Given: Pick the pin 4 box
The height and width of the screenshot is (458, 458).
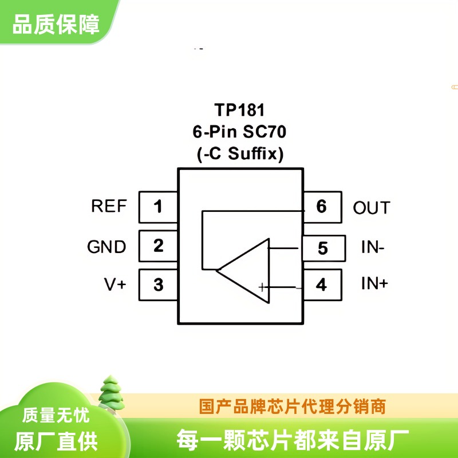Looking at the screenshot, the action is (x=322, y=285).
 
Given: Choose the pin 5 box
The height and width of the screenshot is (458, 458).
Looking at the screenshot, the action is (x=323, y=248).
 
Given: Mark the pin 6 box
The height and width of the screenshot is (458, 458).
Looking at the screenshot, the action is (x=322, y=206).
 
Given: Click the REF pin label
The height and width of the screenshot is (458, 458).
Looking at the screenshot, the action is (x=109, y=206).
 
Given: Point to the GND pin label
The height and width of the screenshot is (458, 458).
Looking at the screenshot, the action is (x=106, y=247).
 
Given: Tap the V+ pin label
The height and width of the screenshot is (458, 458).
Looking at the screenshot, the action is (x=114, y=284).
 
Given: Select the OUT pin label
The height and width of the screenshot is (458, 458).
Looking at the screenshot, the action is (x=372, y=208).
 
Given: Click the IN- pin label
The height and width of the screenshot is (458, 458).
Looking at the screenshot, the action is (x=373, y=248).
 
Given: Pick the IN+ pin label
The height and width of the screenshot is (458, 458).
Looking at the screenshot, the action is (x=374, y=283).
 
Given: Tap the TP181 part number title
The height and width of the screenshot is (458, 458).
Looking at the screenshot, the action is (x=239, y=110).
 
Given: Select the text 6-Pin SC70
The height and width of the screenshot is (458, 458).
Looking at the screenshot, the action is (x=239, y=132).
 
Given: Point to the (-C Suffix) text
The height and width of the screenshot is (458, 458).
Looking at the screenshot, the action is (x=239, y=154).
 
